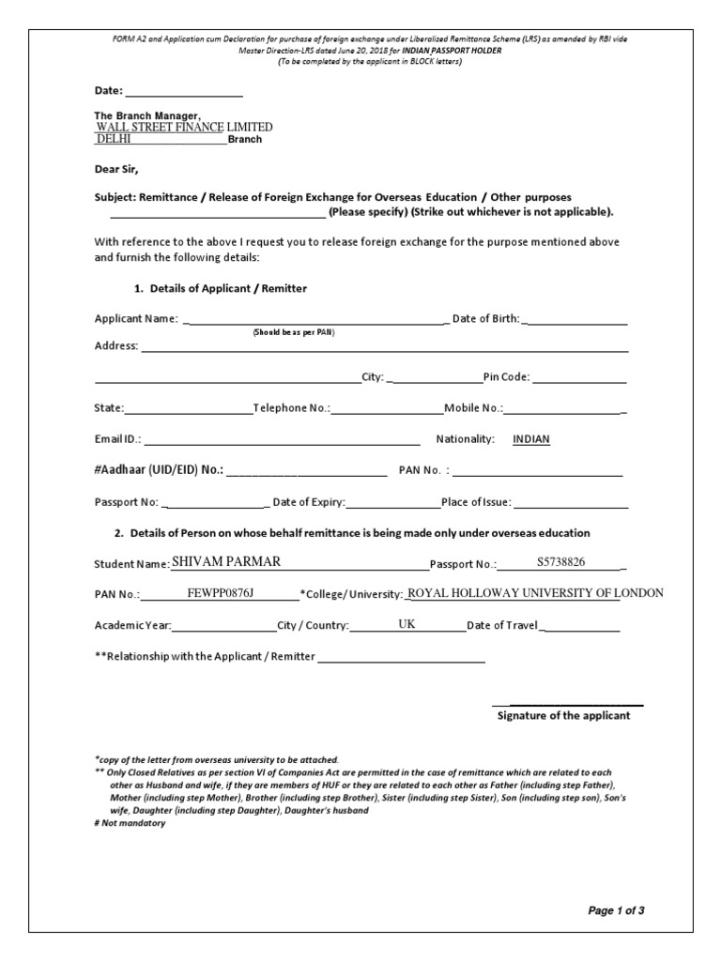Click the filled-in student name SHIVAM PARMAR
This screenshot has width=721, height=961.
[x=226, y=562]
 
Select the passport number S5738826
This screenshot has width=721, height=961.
[x=561, y=562]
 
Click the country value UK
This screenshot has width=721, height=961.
[x=407, y=624]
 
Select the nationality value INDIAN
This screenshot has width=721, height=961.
[x=531, y=439]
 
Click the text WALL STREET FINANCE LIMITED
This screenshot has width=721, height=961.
[x=184, y=127]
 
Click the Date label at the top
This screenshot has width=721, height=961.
[x=109, y=91]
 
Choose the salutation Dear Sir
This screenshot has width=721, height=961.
[x=116, y=170]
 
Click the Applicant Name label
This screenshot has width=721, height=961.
[x=136, y=319]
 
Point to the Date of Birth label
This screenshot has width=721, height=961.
[x=485, y=319]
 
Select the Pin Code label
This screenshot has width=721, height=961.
[x=507, y=377]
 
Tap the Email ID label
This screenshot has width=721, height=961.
[x=117, y=439]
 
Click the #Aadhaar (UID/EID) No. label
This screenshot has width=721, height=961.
[x=159, y=469]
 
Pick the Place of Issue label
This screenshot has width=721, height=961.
[x=476, y=502]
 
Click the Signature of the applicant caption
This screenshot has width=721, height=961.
[x=563, y=715]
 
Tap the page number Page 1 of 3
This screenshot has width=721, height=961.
[x=616, y=910]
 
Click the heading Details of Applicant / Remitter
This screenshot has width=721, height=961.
[x=222, y=288]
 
